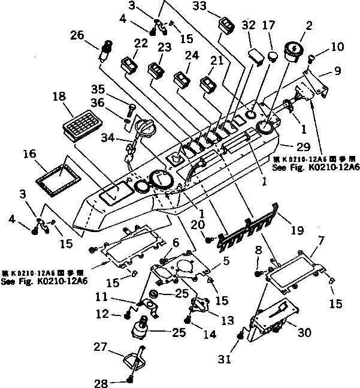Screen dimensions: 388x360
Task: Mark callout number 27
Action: [100, 346]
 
